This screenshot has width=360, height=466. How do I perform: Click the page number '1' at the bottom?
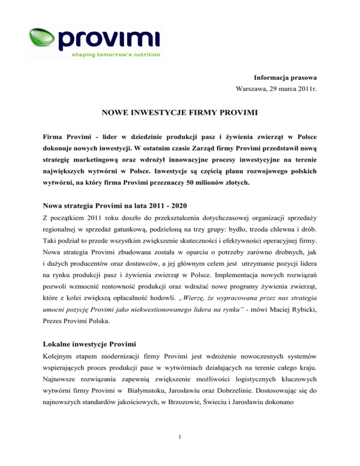pyautogui.click(x=180, y=444)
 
